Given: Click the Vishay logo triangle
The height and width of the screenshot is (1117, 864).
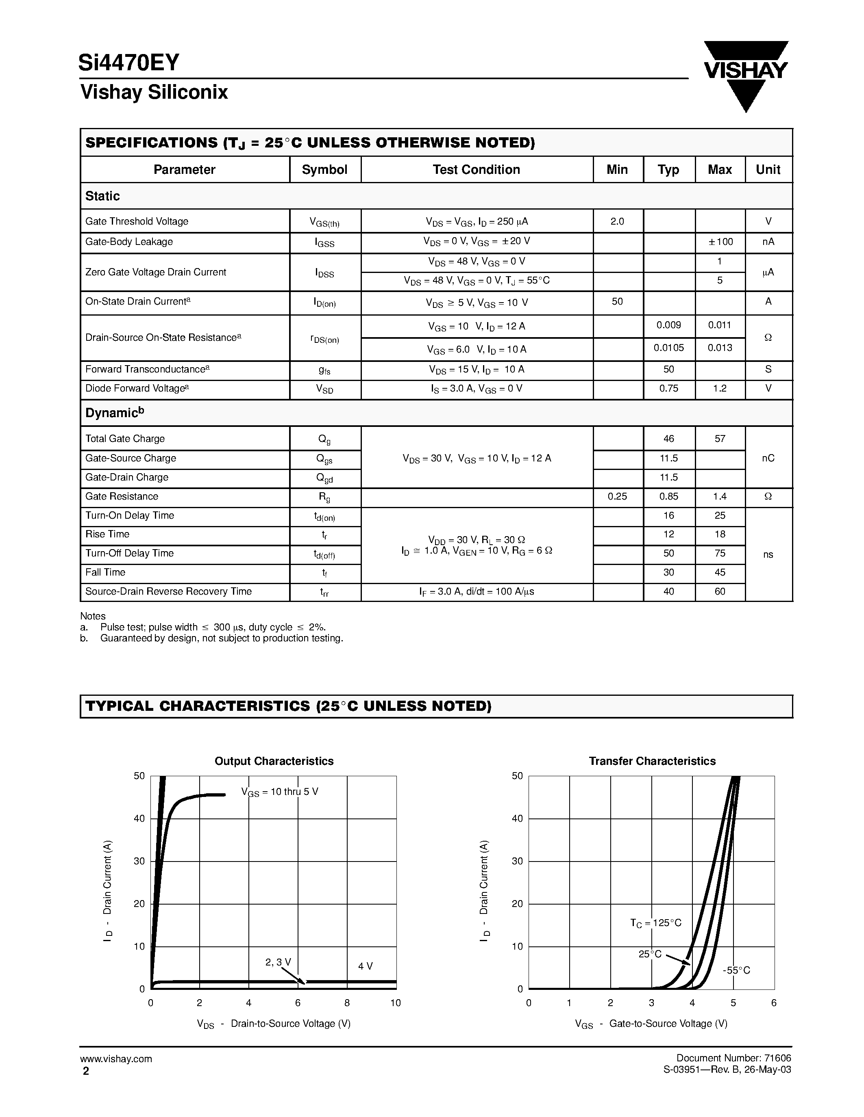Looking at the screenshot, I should (746, 77).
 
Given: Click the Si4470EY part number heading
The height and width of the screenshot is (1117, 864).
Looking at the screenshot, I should (129, 63).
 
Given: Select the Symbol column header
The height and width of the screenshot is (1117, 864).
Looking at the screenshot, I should (324, 170).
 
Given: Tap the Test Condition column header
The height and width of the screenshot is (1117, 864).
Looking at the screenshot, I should (476, 170).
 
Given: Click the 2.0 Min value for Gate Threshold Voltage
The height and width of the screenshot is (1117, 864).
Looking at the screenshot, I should (617, 221).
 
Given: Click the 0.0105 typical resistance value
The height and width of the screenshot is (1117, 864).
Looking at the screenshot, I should (668, 348).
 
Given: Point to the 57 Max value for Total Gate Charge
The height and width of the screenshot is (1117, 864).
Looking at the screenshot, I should (720, 439).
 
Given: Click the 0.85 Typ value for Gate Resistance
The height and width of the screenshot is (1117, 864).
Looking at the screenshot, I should (668, 497).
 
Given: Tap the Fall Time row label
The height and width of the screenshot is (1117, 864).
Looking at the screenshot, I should (105, 572).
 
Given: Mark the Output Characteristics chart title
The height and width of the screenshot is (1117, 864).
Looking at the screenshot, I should (274, 761).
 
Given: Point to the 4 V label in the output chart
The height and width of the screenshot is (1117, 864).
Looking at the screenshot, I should (366, 966).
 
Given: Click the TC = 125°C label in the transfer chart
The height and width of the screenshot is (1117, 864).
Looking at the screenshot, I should (656, 923).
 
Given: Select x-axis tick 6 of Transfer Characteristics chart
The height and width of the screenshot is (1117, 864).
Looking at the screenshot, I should (773, 1003).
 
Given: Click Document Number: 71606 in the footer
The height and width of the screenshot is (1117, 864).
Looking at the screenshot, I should (733, 1058).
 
